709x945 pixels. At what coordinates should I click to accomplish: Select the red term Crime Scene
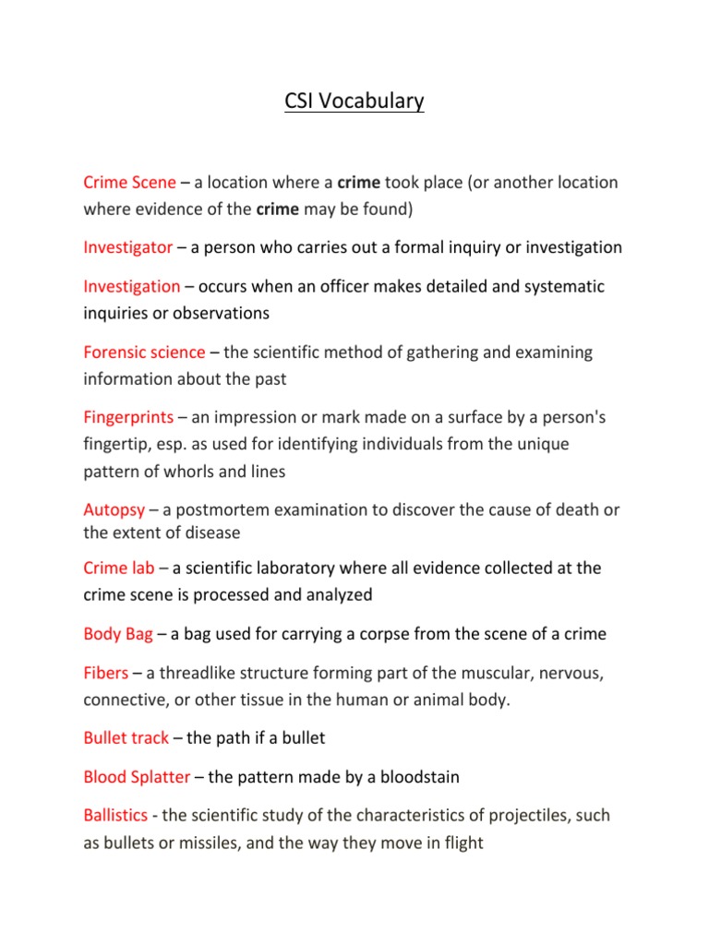click(129, 183)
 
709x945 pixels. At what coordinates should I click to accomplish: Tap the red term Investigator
click(127, 247)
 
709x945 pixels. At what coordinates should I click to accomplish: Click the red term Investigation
click(132, 287)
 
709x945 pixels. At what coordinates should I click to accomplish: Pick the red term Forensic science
click(144, 353)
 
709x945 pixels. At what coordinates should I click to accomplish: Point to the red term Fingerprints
click(128, 418)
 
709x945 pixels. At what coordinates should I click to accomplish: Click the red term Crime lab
click(119, 568)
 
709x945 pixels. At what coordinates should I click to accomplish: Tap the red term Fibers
click(106, 674)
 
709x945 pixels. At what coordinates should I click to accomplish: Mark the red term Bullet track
click(126, 738)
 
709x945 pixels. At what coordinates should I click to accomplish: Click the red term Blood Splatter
click(137, 777)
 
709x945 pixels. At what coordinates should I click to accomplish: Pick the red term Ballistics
click(115, 817)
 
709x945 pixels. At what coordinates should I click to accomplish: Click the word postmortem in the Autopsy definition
click(229, 510)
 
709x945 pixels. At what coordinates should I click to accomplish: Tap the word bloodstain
click(415, 777)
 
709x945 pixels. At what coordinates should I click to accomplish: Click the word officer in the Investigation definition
click(350, 287)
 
